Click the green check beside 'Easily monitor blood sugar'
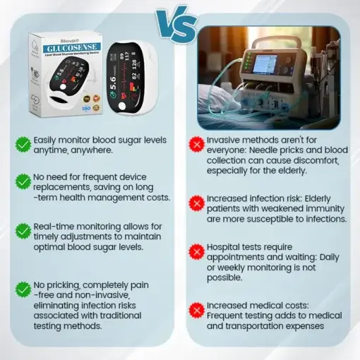[x=23, y=144]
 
